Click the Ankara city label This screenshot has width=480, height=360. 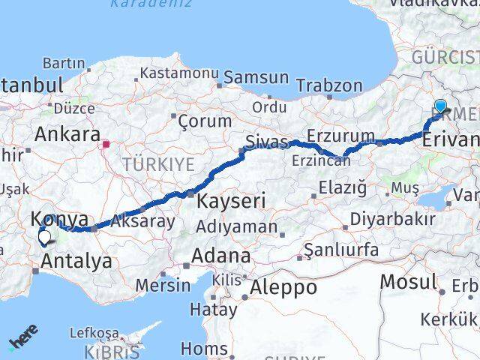[67, 135]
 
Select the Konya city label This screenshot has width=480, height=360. [59, 219]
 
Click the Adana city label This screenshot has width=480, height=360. [220, 256]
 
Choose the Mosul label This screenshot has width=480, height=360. [409, 282]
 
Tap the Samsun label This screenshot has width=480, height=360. [256, 77]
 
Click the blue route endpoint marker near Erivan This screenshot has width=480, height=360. [440, 106]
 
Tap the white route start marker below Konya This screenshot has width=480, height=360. [45, 238]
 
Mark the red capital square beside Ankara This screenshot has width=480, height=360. [107, 143]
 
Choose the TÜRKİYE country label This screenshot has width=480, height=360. [159, 164]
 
